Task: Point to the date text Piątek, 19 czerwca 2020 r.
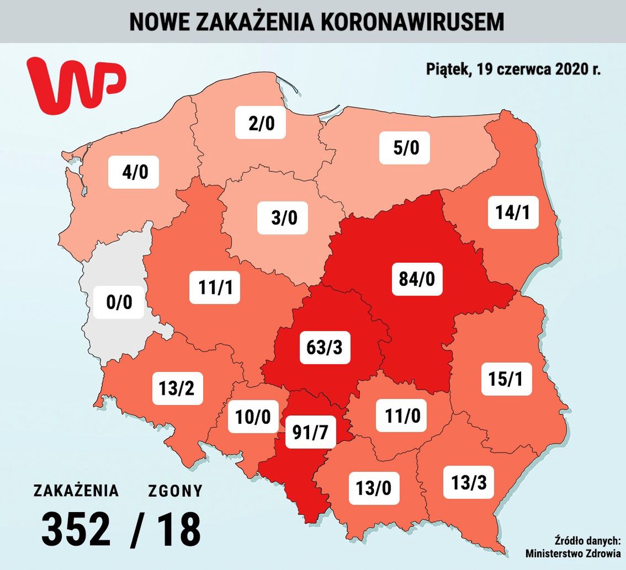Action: tap(513, 69)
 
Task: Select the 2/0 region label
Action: tap(261, 123)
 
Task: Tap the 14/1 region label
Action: tap(513, 212)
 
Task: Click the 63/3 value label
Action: tap(325, 348)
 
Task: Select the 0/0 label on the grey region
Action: tap(119, 302)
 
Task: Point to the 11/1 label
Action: tap(215, 287)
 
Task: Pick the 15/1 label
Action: tap(506, 379)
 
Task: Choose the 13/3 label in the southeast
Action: tap(468, 482)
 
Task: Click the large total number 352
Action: tap(76, 529)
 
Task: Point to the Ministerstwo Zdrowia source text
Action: tap(572, 553)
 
